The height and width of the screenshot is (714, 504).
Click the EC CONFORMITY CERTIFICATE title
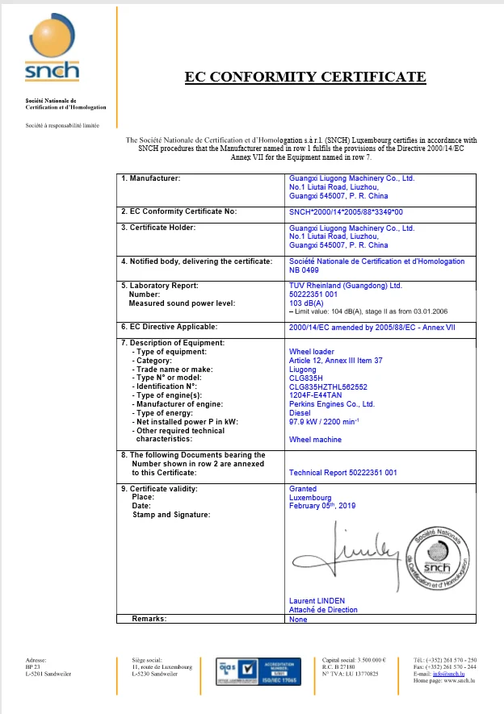(x=305, y=77)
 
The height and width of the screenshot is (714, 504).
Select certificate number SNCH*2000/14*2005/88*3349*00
(x=346, y=211)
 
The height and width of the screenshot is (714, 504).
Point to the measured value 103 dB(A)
(x=307, y=303)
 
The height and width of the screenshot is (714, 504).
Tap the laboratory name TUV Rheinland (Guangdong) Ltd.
(x=345, y=286)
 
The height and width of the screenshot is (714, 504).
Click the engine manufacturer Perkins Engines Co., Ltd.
(x=331, y=404)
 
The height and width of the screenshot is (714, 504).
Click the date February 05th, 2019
(x=321, y=506)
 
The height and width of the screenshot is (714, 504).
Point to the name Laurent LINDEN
(x=317, y=601)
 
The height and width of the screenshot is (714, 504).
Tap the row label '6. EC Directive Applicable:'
(x=170, y=327)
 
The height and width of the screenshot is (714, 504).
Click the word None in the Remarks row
(x=298, y=619)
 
